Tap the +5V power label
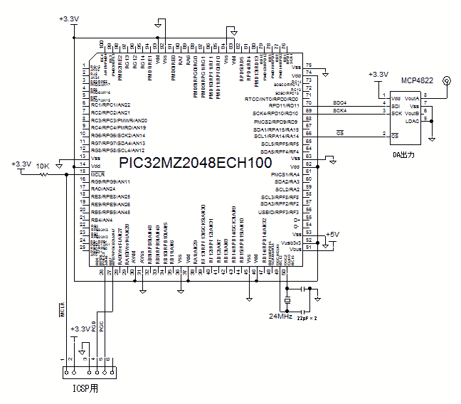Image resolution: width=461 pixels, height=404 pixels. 332,234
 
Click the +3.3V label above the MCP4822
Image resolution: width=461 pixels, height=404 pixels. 378,74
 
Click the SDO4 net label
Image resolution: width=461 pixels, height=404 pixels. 340,104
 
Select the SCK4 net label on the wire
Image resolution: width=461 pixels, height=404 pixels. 340,111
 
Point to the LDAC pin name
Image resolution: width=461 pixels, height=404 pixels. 411,122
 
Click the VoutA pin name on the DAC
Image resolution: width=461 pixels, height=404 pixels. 412,99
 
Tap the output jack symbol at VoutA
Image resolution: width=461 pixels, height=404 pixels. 447,80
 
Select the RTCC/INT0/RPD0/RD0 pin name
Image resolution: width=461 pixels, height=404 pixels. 272,99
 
